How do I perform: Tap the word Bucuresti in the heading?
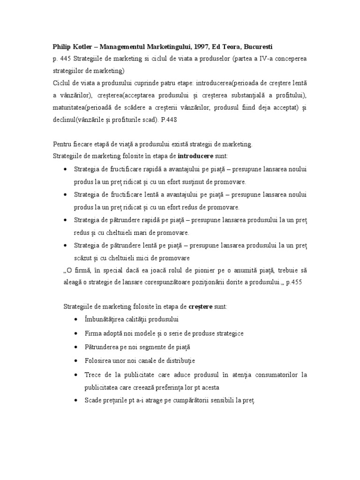click(x=256, y=47)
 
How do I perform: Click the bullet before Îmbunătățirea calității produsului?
click(x=76, y=320)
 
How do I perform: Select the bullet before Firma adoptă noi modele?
click(x=76, y=333)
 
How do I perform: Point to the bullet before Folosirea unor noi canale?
click(x=76, y=361)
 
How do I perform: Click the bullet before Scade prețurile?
click(x=76, y=401)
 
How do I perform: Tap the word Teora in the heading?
click(x=229, y=47)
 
